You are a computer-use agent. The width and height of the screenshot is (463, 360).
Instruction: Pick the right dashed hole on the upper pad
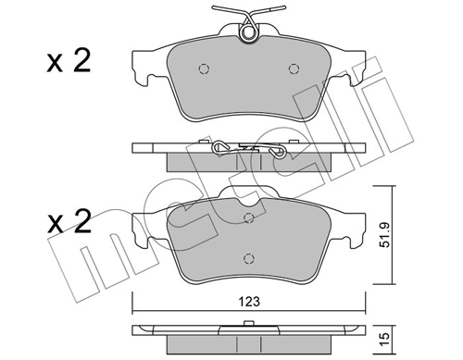[295, 68]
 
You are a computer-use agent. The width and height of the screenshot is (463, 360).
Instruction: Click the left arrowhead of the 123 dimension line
[135, 309]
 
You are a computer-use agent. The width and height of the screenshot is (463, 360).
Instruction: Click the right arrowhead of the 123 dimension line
[359, 309]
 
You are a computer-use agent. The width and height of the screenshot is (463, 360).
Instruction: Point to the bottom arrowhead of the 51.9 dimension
[376, 286]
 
